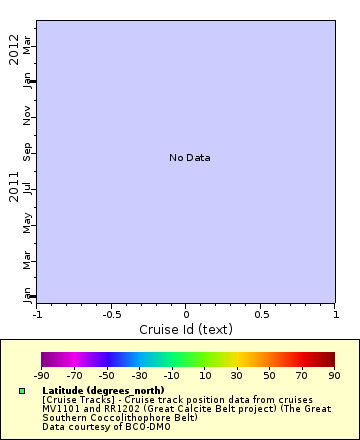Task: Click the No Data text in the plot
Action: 189,158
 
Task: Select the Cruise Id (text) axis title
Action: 185,329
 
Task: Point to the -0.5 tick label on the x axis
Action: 111,314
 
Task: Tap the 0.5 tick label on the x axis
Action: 260,314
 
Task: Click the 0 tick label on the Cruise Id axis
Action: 186,314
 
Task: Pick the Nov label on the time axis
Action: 28,117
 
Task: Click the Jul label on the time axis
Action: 28,188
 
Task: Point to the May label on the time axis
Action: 28,223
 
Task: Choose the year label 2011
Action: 14,187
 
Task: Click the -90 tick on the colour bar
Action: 41,375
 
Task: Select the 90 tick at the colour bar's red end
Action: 334,375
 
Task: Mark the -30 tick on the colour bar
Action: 138,375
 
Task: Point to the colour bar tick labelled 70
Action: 301,375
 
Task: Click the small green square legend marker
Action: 22,391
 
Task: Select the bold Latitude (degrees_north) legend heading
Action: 103,390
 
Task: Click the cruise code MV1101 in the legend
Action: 63,408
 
